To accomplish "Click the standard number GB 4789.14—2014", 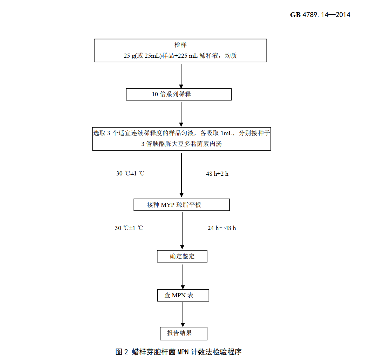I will click(x=320, y=15).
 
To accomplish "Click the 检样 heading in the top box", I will click(x=181, y=45).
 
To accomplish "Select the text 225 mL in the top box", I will click(x=188, y=56).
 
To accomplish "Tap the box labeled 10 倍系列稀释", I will click(x=179, y=95).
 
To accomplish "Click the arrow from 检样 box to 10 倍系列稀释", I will click(x=181, y=75).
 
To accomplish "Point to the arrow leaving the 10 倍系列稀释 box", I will click(x=181, y=113).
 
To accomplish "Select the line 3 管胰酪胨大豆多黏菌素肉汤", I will click(x=181, y=144).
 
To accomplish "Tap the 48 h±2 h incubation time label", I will click(x=217, y=174).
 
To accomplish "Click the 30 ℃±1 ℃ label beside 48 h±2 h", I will click(x=130, y=174).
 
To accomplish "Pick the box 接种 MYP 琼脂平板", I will click(x=181, y=205).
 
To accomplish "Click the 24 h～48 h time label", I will click(x=222, y=228).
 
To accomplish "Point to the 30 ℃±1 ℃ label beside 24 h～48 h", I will click(x=129, y=228).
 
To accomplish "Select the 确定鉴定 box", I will click(x=182, y=256).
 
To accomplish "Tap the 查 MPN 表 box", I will click(x=183, y=295).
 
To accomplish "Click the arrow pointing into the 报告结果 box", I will click(x=183, y=314).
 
